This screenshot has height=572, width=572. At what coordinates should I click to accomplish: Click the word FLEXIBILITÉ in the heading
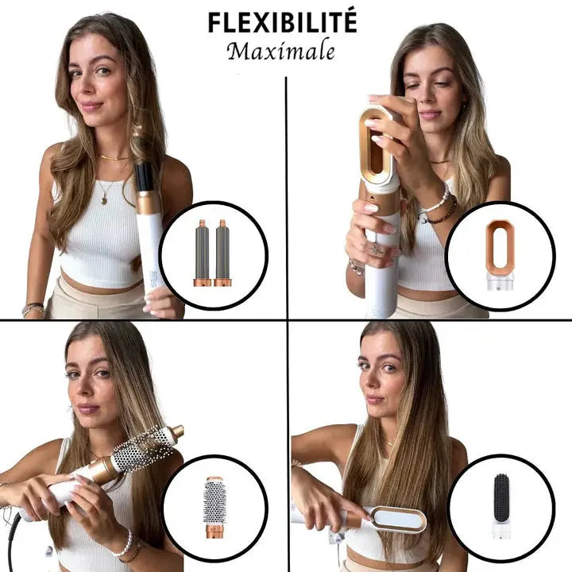(282, 21)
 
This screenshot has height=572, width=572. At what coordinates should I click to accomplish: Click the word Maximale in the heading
(280, 52)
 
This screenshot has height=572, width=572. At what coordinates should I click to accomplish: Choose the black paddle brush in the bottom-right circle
(500, 497)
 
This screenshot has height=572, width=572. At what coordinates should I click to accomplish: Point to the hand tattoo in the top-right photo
(373, 249)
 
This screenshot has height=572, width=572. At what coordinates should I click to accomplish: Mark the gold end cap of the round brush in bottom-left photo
(176, 431)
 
